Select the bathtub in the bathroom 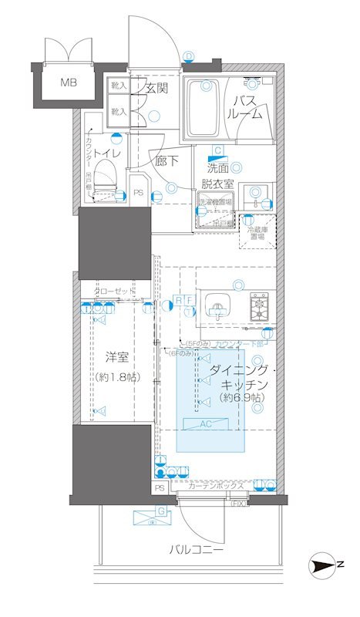coord(204,110)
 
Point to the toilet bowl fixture coord(107,177)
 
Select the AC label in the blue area coord(209,424)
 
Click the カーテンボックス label coord(216,487)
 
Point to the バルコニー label coord(197,550)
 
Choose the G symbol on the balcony coord(160,511)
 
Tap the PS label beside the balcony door coord(160,488)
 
